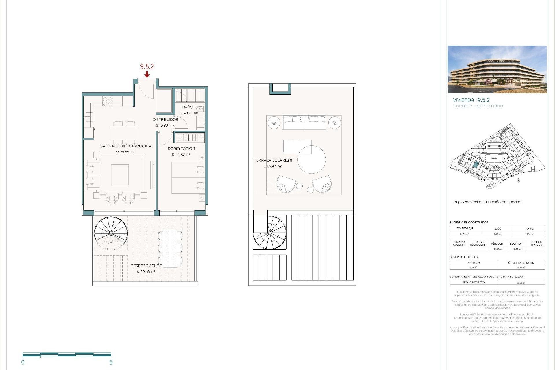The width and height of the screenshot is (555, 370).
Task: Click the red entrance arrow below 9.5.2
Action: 147,75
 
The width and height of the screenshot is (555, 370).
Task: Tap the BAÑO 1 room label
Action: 189,107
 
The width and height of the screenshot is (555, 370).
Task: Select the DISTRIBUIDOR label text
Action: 165,119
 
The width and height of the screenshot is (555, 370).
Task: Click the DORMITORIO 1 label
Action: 181,149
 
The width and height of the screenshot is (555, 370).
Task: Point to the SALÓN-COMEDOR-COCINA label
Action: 125,146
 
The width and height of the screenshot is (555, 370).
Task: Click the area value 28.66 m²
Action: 125,152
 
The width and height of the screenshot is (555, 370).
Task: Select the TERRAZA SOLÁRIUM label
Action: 273,160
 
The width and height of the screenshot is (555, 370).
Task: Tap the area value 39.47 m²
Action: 272,166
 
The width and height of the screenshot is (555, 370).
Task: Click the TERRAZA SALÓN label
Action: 146,266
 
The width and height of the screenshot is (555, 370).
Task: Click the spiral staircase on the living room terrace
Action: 111,233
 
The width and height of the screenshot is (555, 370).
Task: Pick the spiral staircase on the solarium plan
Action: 270,232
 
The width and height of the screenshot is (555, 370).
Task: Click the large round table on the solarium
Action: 312,160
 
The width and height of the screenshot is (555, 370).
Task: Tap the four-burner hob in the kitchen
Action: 108,101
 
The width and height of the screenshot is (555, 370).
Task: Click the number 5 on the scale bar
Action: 111,362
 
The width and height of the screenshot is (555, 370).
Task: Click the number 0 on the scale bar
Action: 23,362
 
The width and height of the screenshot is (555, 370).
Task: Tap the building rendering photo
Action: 497,69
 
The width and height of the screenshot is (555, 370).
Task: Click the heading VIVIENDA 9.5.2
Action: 471,100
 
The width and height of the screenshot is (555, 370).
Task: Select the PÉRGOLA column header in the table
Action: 497,244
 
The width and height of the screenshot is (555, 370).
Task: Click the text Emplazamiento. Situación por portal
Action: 486,202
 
